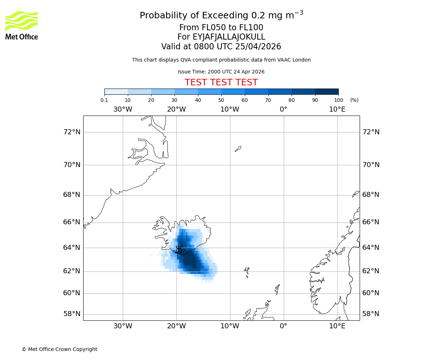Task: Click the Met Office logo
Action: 22,25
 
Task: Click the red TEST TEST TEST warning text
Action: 221,82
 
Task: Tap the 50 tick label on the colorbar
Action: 221,100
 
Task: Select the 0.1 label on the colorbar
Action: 104,100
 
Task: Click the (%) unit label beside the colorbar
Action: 354,100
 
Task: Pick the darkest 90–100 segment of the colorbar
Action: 327,91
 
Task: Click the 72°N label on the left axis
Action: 72,132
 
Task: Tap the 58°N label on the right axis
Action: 371,314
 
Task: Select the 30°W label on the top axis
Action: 123,109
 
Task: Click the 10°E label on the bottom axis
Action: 337,326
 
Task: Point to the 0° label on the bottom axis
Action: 284,326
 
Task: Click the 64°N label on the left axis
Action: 72,248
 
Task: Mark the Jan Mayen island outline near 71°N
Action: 238,149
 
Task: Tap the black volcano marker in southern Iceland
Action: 179,249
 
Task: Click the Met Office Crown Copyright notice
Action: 59,349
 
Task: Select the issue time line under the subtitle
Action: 221,72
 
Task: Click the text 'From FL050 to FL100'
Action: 221,28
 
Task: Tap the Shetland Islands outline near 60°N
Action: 277,289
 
